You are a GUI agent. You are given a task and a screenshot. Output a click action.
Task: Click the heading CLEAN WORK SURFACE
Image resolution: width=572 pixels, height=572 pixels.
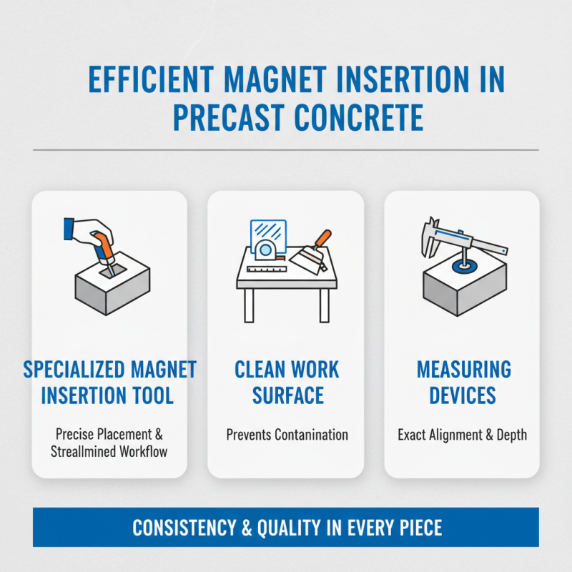(286, 383)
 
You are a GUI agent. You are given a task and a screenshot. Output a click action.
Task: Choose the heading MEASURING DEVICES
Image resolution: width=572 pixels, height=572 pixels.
(463, 383)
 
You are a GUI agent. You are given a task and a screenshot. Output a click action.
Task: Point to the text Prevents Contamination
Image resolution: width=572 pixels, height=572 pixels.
(286, 434)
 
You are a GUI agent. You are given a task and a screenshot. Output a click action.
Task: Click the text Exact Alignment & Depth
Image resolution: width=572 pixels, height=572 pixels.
(463, 434)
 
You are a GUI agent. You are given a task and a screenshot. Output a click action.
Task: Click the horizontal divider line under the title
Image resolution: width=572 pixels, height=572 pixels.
(286, 150)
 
